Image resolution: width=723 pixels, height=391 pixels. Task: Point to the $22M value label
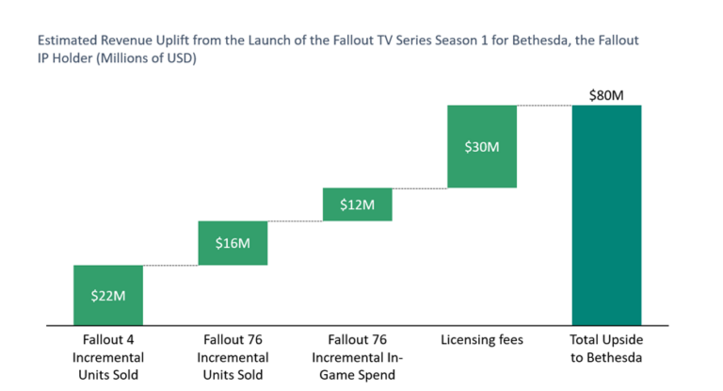(108, 295)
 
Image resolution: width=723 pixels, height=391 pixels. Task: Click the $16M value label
(233, 244)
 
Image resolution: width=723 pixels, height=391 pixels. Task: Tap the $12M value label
(357, 205)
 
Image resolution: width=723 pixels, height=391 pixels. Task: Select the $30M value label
(482, 147)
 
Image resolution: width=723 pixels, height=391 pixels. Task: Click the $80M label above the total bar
(605, 94)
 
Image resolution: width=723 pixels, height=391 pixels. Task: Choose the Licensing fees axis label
(482, 340)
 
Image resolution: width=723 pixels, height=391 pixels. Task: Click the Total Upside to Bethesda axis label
(605, 349)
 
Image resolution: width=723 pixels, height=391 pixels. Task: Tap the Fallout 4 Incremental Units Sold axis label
(108, 357)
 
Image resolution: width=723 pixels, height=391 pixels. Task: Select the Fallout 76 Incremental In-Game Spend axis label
(357, 357)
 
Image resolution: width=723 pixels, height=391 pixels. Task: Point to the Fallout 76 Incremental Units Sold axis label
(233, 357)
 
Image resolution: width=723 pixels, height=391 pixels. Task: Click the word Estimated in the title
(65, 41)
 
